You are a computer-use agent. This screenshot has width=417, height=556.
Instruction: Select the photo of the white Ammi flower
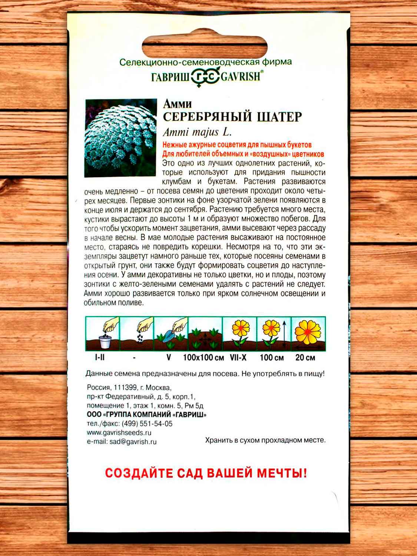pyautogui.click(x=121, y=138)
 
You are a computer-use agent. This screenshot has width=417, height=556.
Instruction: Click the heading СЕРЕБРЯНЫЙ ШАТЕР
pyautogui.click(x=232, y=116)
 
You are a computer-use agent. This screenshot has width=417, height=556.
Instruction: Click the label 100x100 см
pyautogui.click(x=204, y=358)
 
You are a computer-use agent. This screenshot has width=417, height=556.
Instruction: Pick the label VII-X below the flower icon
pyautogui.click(x=239, y=358)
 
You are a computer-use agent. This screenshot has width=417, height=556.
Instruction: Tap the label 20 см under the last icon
pyautogui.click(x=305, y=358)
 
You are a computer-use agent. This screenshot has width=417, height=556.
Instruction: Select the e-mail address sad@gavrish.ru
pyautogui.click(x=132, y=441)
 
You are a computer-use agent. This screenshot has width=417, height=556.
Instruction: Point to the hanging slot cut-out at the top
pyautogui.click(x=209, y=46)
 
